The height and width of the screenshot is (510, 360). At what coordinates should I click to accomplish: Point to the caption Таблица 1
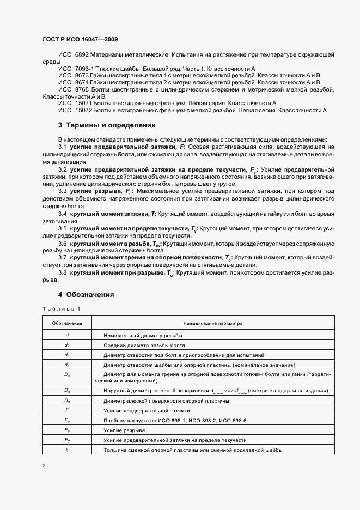coord(61,309)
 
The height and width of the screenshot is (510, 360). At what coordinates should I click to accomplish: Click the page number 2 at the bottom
coord(44,466)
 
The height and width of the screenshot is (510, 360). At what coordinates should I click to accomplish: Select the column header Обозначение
coord(67,323)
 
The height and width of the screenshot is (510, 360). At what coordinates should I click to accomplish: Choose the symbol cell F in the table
coord(67,409)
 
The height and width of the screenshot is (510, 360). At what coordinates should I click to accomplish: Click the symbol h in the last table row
coord(67,450)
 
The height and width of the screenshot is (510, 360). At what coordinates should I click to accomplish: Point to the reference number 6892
coord(82,55)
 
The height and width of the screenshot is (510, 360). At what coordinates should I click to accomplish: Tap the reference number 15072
coord(83,110)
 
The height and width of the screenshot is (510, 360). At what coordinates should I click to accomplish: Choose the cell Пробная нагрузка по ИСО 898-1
coord(172,420)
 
